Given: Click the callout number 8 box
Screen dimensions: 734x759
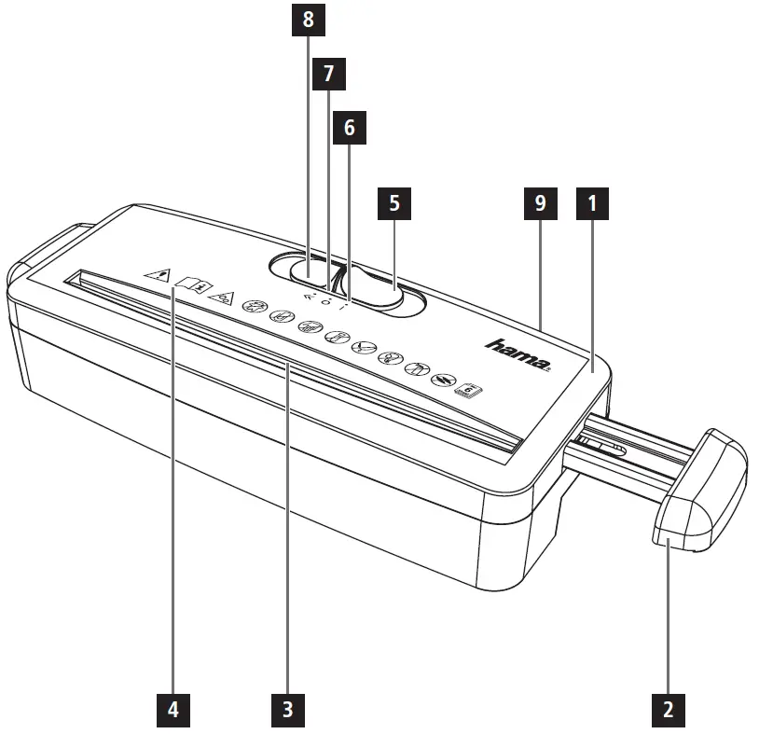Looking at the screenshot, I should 308,20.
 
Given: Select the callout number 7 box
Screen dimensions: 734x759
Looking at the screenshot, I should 327,74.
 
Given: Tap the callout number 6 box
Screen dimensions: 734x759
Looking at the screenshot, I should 350,128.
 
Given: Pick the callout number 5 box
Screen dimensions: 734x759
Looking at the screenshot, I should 393,204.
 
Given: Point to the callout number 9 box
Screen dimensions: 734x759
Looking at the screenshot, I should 540,204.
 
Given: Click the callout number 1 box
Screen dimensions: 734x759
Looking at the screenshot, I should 591,204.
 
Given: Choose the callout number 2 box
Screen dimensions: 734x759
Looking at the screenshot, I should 668,710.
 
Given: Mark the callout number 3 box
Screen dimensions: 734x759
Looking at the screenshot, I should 288,710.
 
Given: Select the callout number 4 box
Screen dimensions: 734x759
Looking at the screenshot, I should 173,710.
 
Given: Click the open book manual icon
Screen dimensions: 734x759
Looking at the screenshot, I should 190,282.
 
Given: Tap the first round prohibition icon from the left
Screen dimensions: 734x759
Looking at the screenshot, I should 252,305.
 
